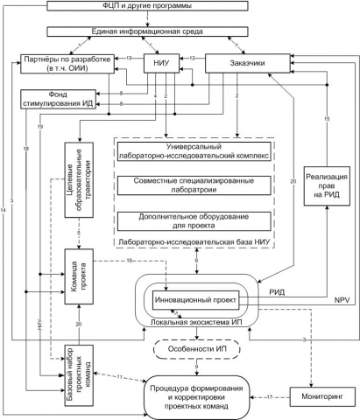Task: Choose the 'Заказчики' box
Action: (x=247, y=64)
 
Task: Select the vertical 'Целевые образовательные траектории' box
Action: (x=78, y=173)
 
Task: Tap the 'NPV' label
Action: (x=341, y=301)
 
